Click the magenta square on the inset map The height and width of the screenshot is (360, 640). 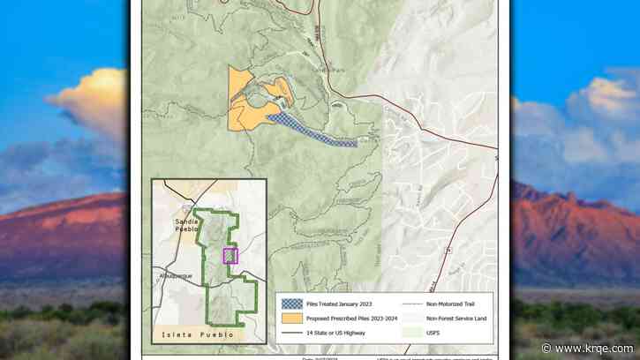click(x=230, y=256)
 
